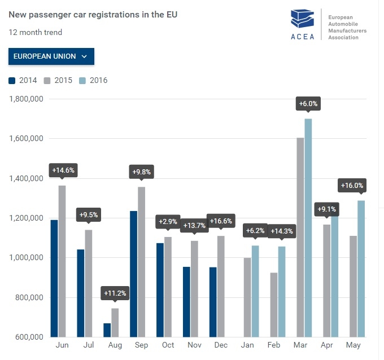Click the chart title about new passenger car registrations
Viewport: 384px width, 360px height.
(93, 14)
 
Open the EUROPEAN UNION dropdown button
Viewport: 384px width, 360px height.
(51, 56)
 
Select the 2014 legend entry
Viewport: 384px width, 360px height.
(23, 80)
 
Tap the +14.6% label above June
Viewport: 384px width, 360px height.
(63, 170)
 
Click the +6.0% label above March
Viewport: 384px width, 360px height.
(308, 104)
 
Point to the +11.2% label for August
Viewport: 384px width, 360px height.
(115, 293)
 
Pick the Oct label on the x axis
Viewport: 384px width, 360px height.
(168, 345)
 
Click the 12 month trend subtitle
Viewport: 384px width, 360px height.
(36, 32)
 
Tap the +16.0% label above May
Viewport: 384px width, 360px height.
(352, 186)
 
